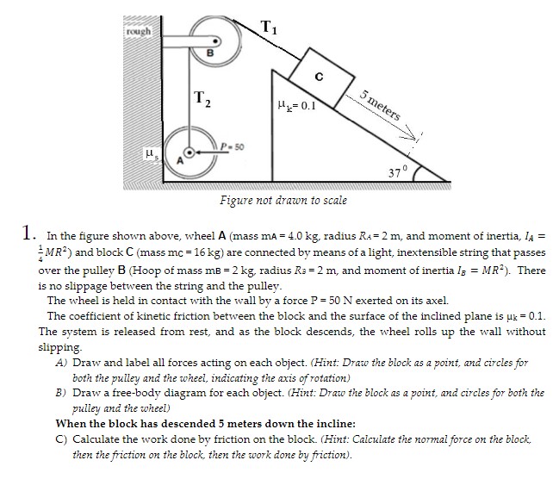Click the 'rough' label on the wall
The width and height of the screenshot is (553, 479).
coord(138,32)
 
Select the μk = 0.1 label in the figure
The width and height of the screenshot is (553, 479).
coord(285,108)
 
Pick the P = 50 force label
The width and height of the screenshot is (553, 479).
coord(230,148)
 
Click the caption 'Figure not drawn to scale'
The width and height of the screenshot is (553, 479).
coord(283,201)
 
